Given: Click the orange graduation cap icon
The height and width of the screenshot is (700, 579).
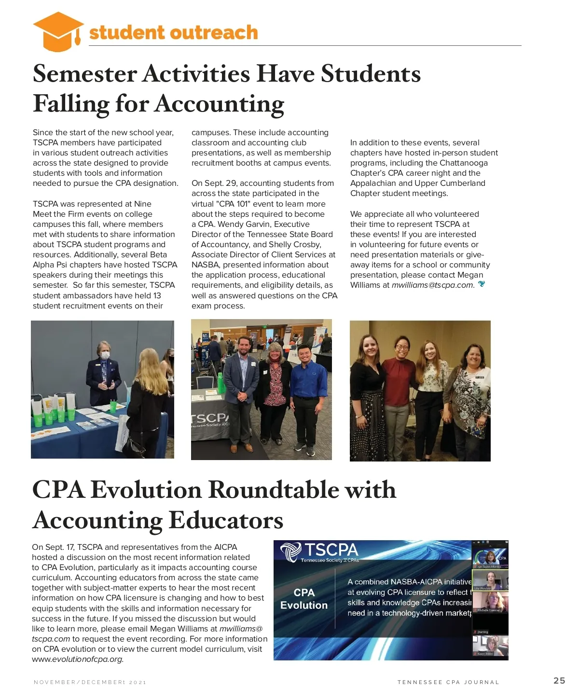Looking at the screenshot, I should [58, 31].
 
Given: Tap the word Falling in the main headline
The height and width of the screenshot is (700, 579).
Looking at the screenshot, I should [71, 104].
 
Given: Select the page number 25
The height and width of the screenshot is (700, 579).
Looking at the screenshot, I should [559, 681].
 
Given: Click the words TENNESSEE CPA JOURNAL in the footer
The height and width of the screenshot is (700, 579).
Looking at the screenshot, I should [448, 682].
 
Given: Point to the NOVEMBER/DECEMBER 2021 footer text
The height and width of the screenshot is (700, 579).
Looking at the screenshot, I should [90, 682].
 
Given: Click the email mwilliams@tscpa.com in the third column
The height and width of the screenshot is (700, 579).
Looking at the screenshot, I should [432, 285].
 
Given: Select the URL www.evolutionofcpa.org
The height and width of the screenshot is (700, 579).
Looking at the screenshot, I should [77, 659].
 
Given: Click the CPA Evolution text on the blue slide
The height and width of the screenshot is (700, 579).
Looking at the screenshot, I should [304, 599].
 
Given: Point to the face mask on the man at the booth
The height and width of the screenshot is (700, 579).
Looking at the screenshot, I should [105, 355].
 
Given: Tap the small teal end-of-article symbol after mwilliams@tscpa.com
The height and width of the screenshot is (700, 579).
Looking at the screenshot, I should [481, 284].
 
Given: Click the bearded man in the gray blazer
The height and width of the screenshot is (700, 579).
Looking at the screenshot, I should [241, 386].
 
